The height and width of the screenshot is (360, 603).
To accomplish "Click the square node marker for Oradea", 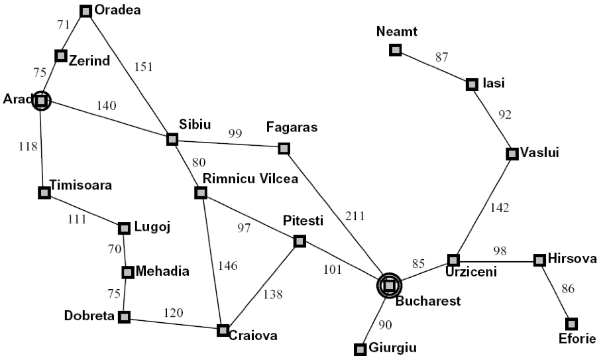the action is coord(85,11).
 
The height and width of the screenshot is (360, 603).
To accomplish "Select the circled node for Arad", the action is coord(41,101).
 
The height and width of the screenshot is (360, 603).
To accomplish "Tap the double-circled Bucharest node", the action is coord(389,285).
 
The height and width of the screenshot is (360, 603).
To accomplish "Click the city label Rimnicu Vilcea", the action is coord(250,179).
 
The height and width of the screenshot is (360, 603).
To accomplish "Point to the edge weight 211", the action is coord(355,216).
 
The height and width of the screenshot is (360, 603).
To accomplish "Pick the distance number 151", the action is coord(143,67).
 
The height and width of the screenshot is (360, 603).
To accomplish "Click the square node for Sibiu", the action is coord(172,139).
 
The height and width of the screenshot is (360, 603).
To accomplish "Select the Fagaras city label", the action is coord(292,127).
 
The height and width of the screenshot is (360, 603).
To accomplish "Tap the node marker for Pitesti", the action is coord(300,241).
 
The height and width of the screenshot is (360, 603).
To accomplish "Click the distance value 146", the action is coord(228,266).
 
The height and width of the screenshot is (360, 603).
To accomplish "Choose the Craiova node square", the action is coord(223,330).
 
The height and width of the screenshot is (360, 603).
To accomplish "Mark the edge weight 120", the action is coord(173,313).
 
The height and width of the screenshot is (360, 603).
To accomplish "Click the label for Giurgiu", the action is coord(392,348).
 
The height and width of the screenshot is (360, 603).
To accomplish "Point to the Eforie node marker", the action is coord(571,324).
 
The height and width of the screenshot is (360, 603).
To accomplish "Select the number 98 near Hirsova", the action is coord(500,251).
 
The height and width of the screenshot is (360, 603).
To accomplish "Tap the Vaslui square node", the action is coord(512,154).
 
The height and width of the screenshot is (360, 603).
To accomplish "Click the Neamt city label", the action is coord(396,32).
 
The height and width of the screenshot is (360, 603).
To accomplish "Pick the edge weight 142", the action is coord(500,208).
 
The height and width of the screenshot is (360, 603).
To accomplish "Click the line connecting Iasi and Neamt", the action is coord(434,68).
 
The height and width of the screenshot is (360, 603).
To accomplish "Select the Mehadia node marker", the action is coord(128,272).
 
